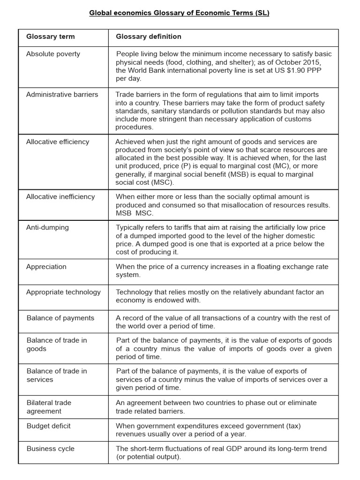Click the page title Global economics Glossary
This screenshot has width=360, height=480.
pos(180,13)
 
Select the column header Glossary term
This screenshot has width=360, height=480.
pos(50,37)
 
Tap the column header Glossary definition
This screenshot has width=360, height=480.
pos(149,37)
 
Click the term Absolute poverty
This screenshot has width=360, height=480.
pos(53,54)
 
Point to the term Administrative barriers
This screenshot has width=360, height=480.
pos(62,94)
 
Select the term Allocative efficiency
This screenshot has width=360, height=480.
pos(57,142)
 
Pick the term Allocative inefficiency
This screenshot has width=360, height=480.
pos(60,196)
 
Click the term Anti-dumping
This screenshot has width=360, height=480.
pos(47,227)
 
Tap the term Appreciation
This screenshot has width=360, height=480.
pos(46,267)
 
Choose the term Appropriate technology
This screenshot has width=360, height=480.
pos(63,292)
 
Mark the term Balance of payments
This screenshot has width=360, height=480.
pos(60,318)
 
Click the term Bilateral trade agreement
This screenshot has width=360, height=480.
pos(49,407)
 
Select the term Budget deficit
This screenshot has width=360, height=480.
pos(48,426)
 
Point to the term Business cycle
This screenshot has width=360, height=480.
pos(50,449)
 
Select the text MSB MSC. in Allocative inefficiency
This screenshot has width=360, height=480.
pos(135,213)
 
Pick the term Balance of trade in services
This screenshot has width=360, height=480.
pos(56,375)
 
